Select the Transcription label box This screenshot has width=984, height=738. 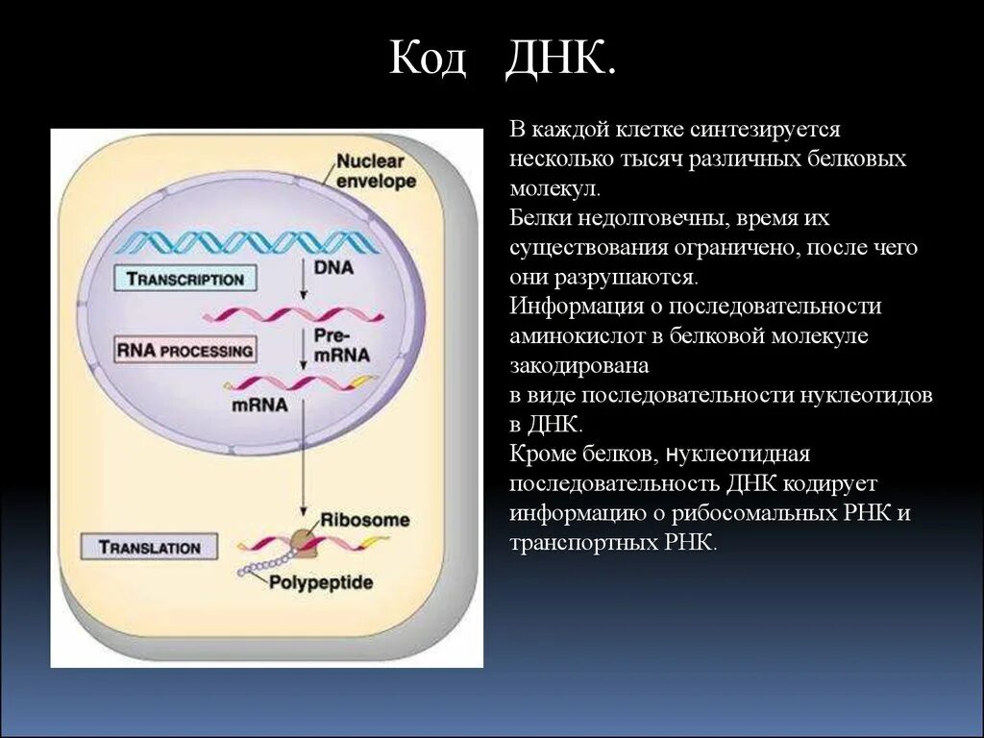point(185,279)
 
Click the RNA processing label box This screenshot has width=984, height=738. point(185,350)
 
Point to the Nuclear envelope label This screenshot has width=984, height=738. point(376,171)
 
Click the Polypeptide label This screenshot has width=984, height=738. point(321,581)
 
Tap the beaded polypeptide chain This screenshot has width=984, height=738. point(258,565)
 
